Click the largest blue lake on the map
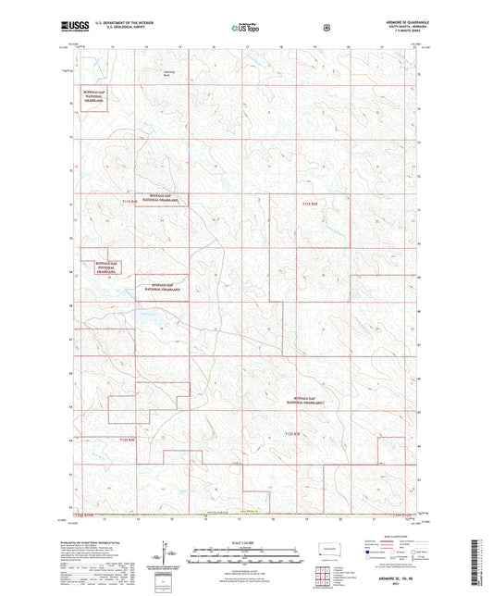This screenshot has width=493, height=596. [x=149, y=319]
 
